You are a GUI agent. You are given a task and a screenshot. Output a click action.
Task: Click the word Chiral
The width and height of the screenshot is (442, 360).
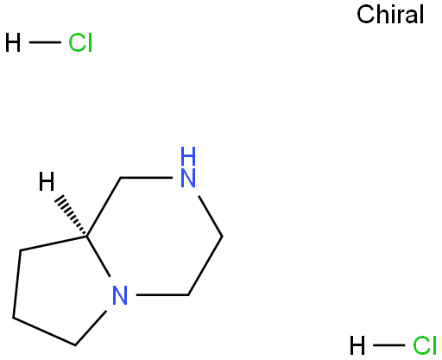coord(390,15)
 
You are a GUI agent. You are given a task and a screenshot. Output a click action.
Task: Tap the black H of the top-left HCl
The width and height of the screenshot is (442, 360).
coord(13,42)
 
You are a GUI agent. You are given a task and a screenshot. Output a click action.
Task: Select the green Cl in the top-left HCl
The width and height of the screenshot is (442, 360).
coord(80,42)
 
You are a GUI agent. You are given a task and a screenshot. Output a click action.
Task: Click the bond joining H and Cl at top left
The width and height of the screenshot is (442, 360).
coord(45,42)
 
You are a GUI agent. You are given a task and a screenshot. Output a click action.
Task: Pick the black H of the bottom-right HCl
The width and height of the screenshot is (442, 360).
coord(357,345)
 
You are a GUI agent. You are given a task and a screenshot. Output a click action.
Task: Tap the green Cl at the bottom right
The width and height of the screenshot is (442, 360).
coord(425,345)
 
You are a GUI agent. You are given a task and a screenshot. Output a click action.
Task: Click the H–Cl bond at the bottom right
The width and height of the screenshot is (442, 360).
coord(389,345)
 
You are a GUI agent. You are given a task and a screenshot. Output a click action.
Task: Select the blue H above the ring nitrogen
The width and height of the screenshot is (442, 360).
coord(188,156)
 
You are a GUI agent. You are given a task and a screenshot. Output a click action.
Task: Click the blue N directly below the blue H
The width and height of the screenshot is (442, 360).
coord(188,178)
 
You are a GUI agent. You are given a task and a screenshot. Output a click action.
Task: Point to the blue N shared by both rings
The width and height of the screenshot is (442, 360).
coord(120,295)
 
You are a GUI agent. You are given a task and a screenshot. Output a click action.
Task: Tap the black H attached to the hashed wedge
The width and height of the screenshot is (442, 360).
coord(47,181)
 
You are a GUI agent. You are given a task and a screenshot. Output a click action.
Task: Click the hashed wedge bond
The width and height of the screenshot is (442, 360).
coord(71,215)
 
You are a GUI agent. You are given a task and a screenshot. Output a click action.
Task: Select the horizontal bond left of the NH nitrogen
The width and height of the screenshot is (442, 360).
coord(147,178)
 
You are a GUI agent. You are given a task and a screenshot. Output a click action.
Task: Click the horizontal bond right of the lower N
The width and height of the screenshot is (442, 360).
coord(162,295)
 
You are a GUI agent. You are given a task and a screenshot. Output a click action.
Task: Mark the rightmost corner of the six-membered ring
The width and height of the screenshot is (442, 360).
coord(222,237)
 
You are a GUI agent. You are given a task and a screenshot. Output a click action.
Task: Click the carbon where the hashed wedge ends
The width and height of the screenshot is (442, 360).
coord(86,237)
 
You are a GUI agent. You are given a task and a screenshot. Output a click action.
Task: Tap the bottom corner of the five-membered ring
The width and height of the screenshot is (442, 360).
coord(75,344)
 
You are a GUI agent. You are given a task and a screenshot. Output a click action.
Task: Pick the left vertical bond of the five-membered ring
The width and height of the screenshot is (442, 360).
coord(16,284)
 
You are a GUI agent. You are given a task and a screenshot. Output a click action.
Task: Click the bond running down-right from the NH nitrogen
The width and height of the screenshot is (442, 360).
coord(211,216)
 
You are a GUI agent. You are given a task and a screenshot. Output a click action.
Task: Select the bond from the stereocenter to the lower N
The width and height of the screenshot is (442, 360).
coord(98,256)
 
